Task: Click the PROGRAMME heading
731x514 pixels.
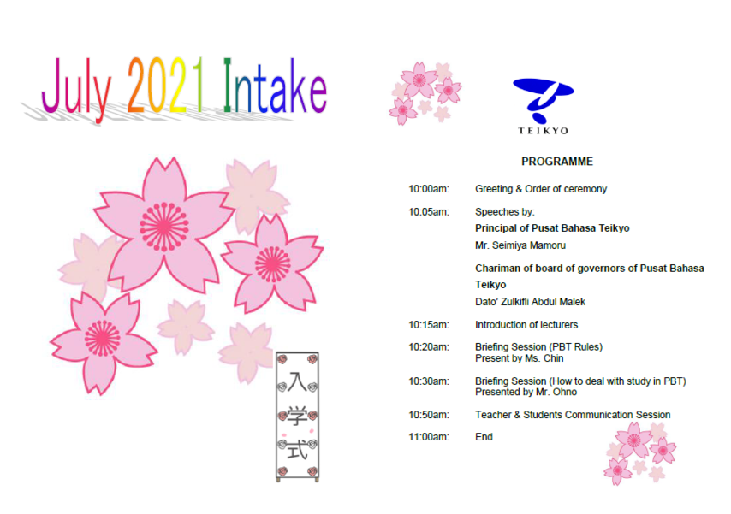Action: click(557, 162)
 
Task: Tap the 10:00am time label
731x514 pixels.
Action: click(429, 189)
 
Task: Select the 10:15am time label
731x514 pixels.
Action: click(429, 325)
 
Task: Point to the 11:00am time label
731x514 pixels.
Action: click(429, 437)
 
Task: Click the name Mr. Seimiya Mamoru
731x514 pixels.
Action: click(520, 245)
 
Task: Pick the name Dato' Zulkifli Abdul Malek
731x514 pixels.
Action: click(530, 302)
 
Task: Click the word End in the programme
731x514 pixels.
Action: click(484, 437)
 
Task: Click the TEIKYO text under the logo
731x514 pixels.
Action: click(544, 131)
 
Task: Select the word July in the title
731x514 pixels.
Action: click(76, 89)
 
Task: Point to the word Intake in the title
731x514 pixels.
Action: click(275, 86)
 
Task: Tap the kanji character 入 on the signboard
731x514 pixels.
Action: click(297, 381)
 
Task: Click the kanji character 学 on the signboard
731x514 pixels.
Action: click(297, 416)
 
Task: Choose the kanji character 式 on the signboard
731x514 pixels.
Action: click(297, 449)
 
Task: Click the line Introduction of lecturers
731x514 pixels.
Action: click(526, 325)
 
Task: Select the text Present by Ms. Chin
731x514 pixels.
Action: click(520, 358)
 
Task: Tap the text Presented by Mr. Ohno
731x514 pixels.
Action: click(526, 392)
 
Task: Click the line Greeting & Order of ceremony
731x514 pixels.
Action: click(541, 189)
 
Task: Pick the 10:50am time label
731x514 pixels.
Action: click(429, 415)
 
